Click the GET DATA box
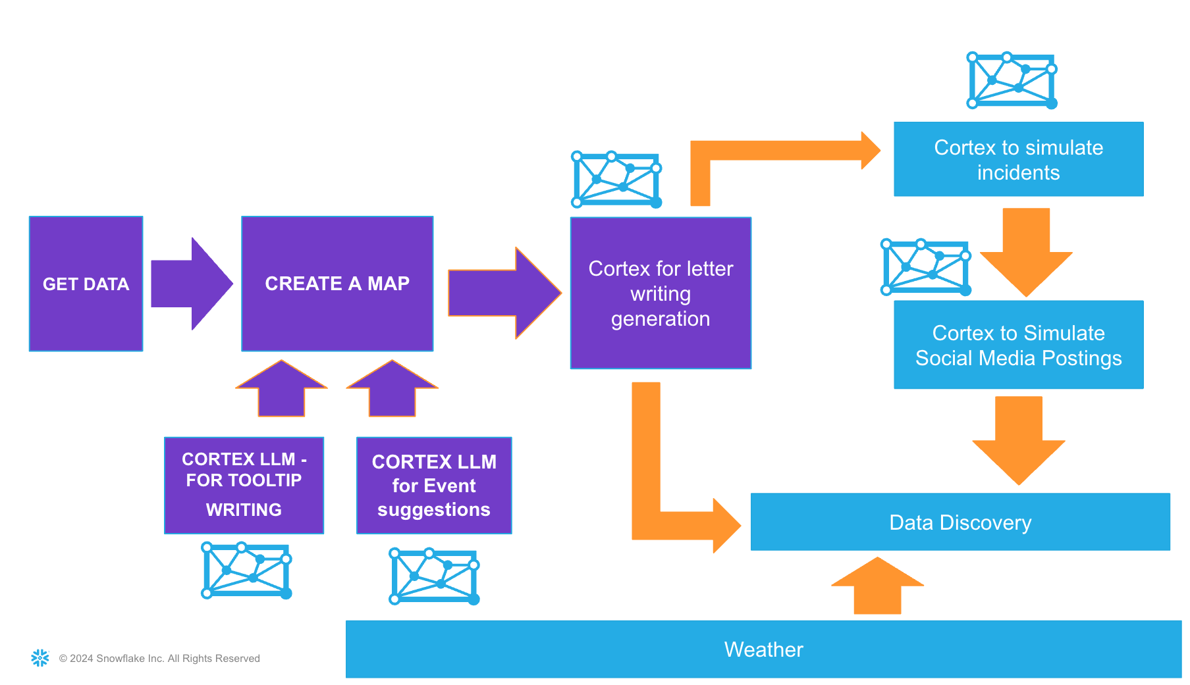coord(86,284)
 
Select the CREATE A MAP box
coord(337,284)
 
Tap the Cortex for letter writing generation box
coord(661,293)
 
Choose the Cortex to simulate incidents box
coord(1018,159)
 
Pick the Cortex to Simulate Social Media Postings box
coord(1018,345)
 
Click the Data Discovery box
coord(960,522)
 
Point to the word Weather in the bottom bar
coord(763,649)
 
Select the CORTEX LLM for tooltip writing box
coord(244,485)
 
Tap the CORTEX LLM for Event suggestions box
coord(434,485)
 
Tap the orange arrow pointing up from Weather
coord(877,587)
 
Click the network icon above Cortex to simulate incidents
coord(1012,80)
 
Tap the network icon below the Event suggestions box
coord(434,576)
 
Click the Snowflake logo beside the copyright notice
coord(40,658)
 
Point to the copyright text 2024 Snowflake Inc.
coord(159,659)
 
